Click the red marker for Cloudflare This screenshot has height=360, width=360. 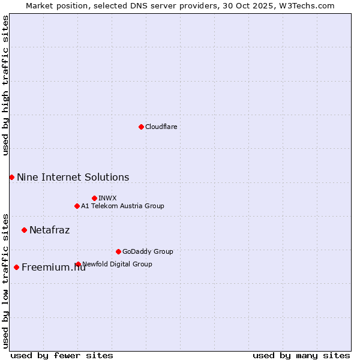pos(141,127)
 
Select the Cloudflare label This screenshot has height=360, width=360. pos(161,127)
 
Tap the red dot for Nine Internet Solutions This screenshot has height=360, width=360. pos(11,177)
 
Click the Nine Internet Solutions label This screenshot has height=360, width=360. pos(73,177)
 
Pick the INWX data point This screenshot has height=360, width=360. pos(94,198)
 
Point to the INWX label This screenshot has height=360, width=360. pos(107,198)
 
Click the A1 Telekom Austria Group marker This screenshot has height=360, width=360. pos(77,206)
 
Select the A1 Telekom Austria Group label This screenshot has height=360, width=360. pos(122,206)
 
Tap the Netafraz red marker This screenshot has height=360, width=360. pos(24,230)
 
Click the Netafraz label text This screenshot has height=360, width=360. pos(49,230)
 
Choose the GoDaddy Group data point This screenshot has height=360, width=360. pos(118,251)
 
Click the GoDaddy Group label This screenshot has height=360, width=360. pos(148,251)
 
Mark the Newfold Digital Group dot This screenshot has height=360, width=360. pos(78,264)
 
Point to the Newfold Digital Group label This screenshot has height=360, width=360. pos(117,264)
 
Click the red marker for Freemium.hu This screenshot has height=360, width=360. pos(16,267)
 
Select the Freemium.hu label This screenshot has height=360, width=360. pos(53,268)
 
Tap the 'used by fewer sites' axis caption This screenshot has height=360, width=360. pos(62,355)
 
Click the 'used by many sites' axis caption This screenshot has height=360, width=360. pos(301,355)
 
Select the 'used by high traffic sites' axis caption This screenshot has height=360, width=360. pos(5,85)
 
